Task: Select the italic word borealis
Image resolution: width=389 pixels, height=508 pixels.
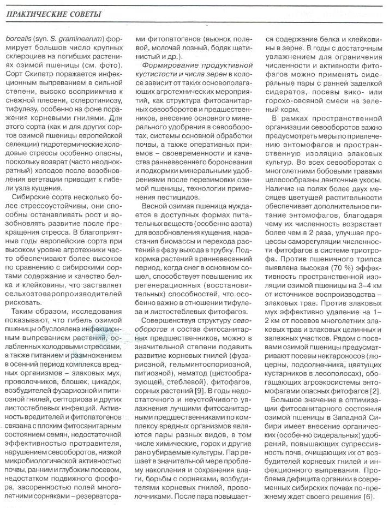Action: (x=20, y=39)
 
